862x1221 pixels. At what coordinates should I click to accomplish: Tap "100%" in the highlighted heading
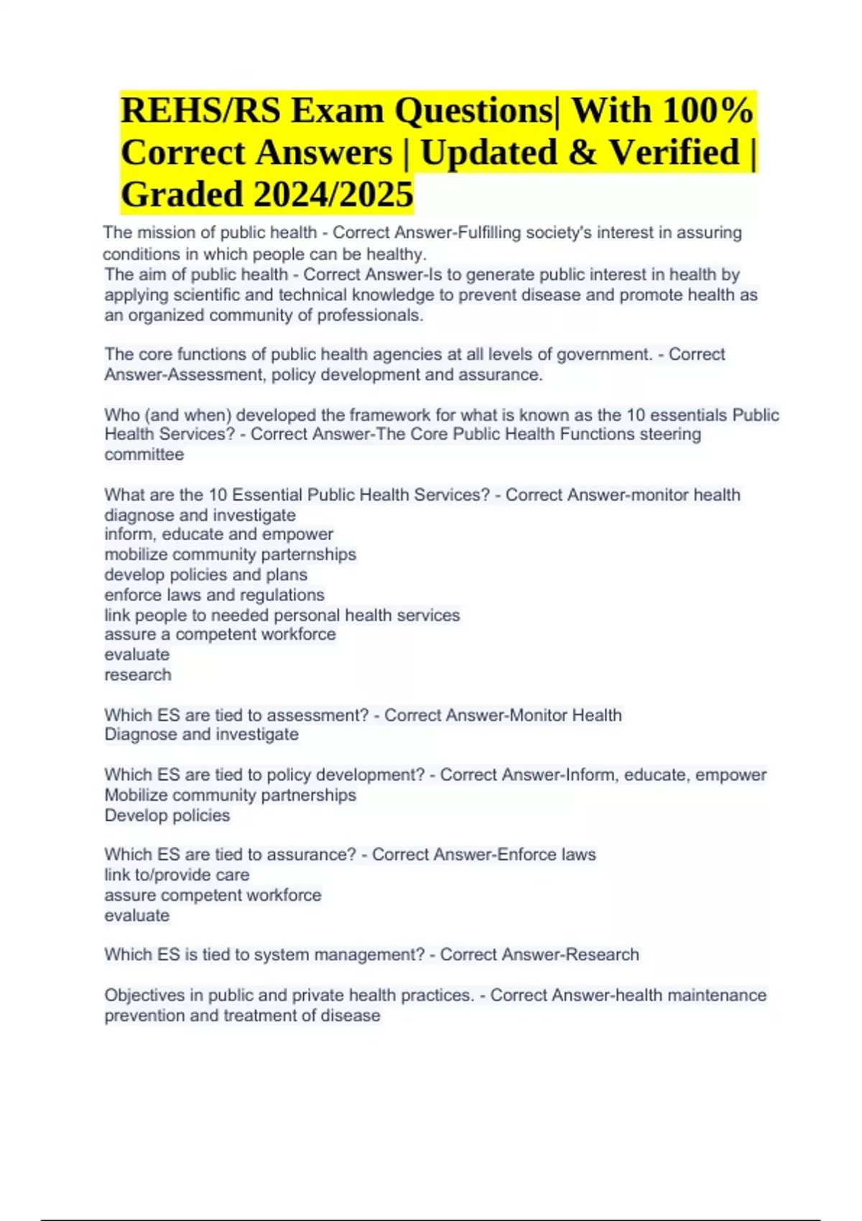click(x=708, y=111)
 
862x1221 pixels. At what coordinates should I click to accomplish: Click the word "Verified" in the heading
click(x=675, y=152)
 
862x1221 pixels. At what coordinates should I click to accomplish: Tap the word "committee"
click(x=144, y=454)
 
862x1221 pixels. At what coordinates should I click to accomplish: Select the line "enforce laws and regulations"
click(x=214, y=595)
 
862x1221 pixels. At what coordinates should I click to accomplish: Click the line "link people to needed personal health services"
click(x=282, y=615)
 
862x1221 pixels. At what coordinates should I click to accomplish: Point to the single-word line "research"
click(x=138, y=674)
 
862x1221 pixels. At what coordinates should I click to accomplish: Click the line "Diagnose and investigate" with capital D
click(x=201, y=734)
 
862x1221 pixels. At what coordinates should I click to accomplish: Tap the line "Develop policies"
click(x=167, y=815)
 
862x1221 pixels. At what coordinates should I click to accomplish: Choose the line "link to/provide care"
click(x=177, y=875)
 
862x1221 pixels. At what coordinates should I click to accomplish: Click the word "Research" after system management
click(x=602, y=955)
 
